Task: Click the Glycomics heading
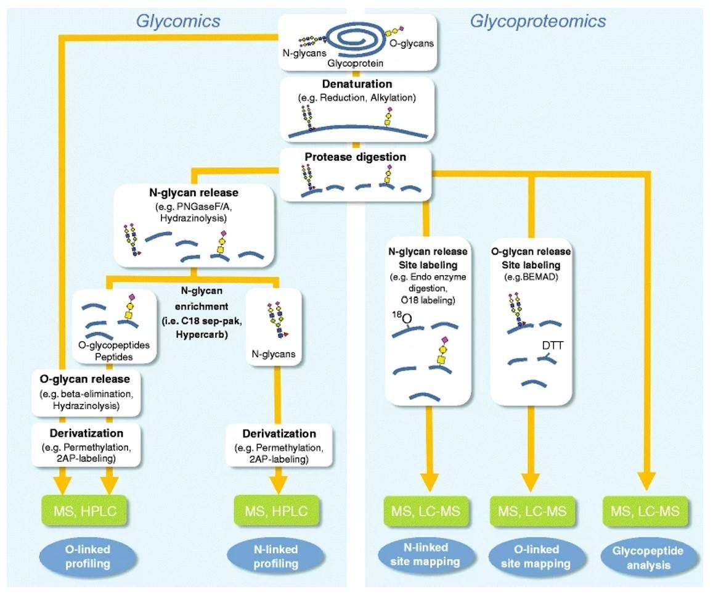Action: pyautogui.click(x=186, y=21)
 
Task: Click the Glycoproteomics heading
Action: pyautogui.click(x=537, y=21)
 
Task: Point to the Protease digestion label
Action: pyautogui.click(x=356, y=157)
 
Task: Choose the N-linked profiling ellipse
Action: pyautogui.click(x=275, y=556)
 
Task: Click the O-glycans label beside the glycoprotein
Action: pyautogui.click(x=413, y=44)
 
